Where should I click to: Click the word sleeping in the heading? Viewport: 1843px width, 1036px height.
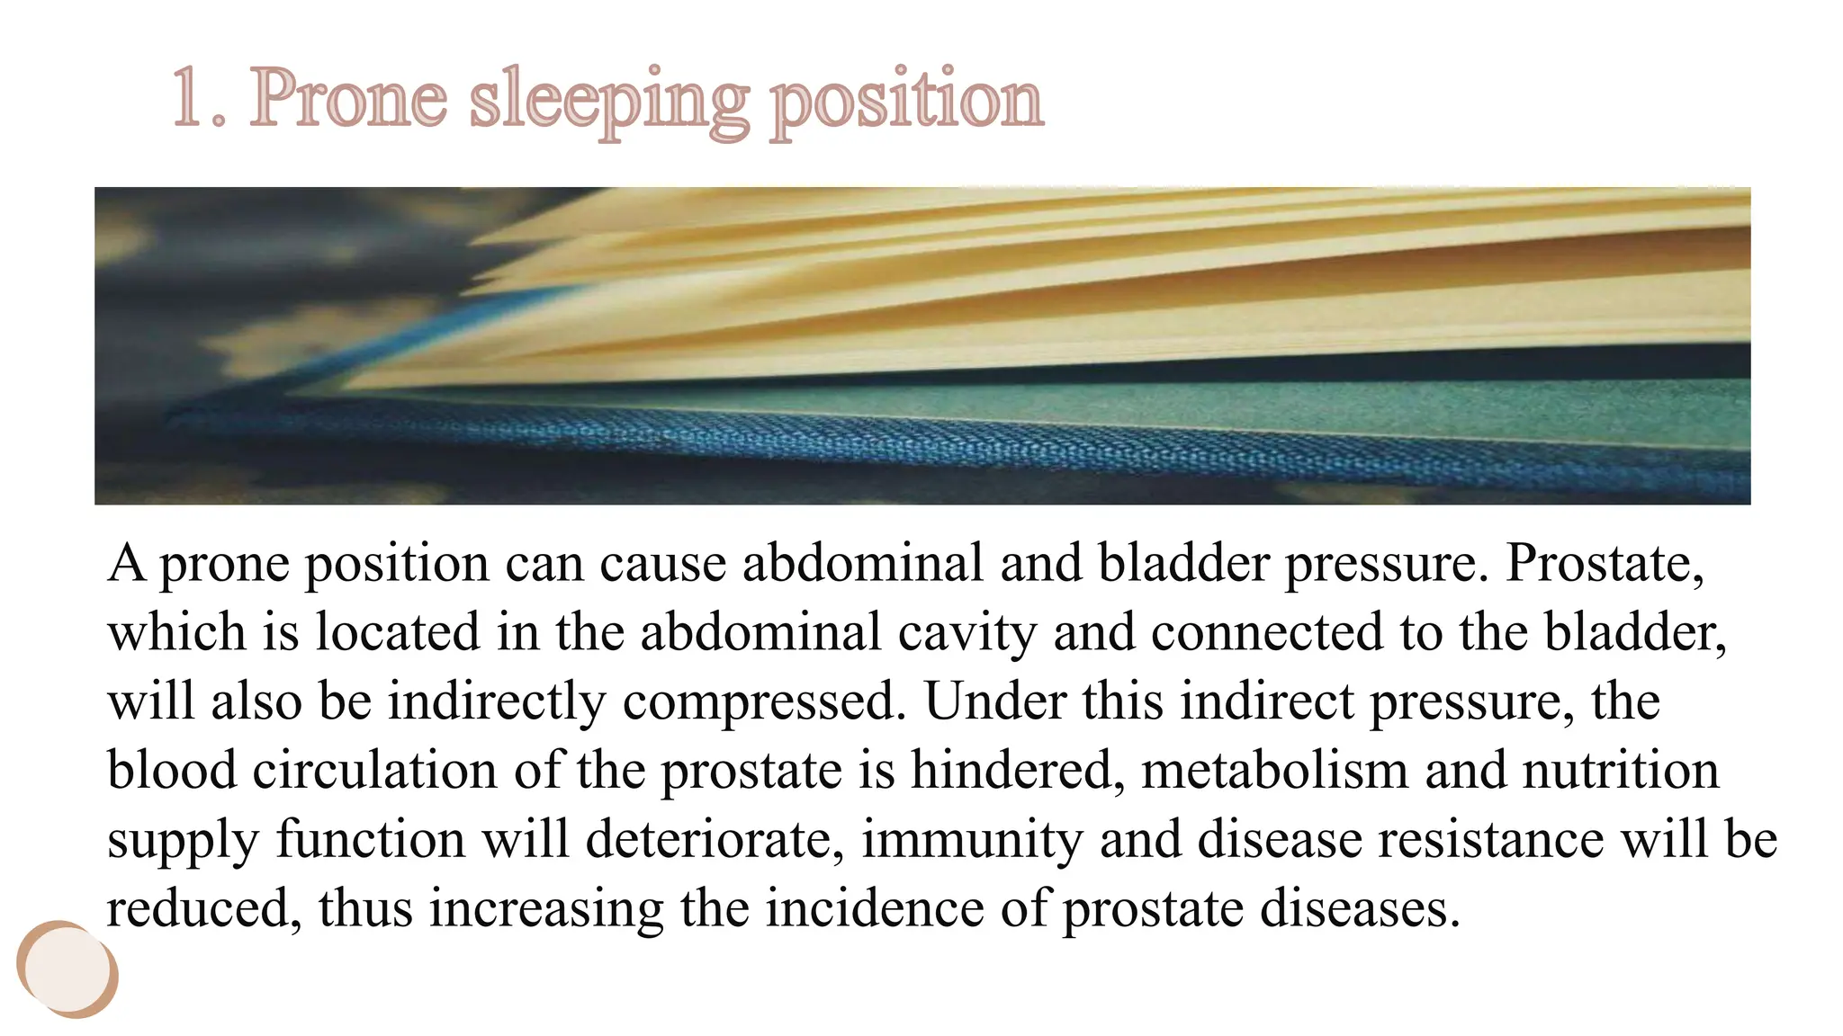click(609, 101)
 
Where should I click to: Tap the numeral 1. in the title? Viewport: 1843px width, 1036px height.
click(198, 99)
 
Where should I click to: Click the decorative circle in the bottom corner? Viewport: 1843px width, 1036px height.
click(67, 969)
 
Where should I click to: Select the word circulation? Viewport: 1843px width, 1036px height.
click(374, 770)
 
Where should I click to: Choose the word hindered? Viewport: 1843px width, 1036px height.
click(1018, 770)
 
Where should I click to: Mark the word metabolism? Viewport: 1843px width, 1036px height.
click(1274, 770)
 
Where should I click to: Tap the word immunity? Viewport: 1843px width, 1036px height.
click(972, 841)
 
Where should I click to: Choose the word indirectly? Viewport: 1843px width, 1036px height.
click(497, 702)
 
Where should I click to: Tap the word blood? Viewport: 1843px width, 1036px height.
click(171, 770)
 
